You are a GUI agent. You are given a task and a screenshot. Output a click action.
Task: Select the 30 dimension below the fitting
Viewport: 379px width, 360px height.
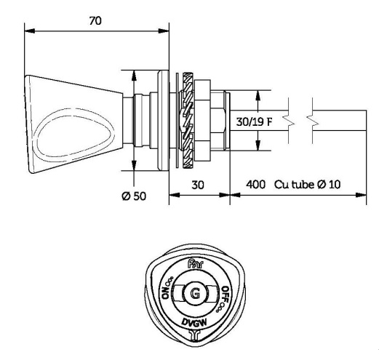199,185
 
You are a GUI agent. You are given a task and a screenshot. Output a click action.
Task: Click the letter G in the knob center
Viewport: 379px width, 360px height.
194,295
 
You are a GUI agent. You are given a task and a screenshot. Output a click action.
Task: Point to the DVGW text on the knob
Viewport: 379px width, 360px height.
194,322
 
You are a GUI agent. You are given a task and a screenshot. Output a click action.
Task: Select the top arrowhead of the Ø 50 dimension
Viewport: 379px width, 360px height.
133,73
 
